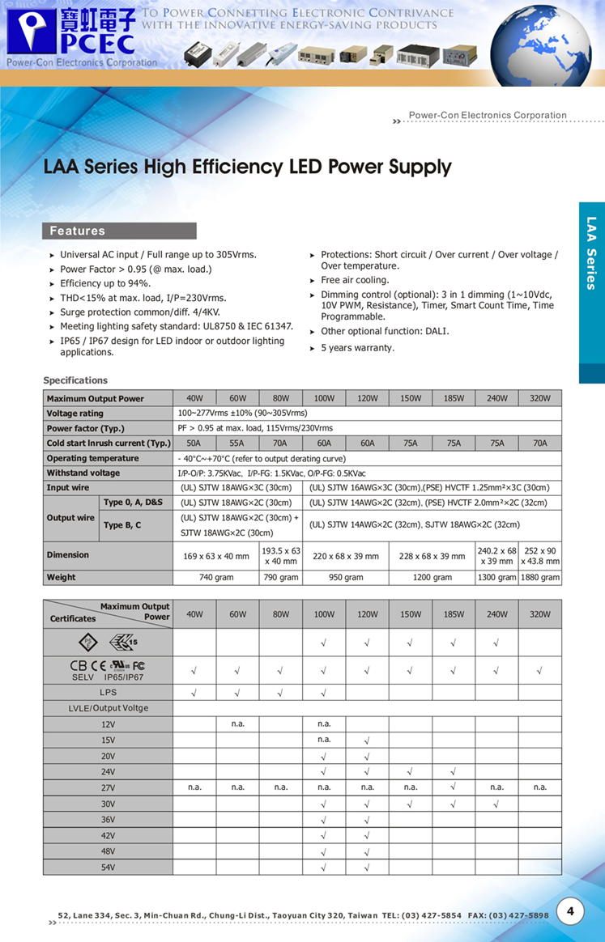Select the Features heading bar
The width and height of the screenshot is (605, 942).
click(x=119, y=231)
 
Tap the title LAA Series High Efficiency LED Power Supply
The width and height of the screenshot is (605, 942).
click(x=247, y=168)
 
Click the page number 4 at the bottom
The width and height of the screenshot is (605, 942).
click(x=570, y=911)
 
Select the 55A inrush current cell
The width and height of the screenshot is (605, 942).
click(x=237, y=443)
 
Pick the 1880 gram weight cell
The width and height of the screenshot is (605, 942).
click(x=540, y=578)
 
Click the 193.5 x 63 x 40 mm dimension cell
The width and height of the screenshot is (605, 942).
click(x=280, y=556)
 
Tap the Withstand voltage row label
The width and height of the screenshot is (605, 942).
click(x=83, y=473)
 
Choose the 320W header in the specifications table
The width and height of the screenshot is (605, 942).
click(x=540, y=398)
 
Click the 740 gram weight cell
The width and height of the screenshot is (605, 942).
click(x=215, y=578)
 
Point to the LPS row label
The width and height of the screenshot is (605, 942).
click(x=108, y=693)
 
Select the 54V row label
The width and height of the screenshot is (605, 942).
click(x=108, y=868)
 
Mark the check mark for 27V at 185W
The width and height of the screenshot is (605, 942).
click(x=454, y=787)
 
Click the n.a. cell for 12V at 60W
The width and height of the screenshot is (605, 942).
click(x=237, y=723)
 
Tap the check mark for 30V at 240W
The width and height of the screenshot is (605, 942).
click(x=496, y=804)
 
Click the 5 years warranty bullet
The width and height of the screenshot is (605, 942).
click(x=357, y=348)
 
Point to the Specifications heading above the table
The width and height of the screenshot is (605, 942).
click(x=75, y=380)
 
